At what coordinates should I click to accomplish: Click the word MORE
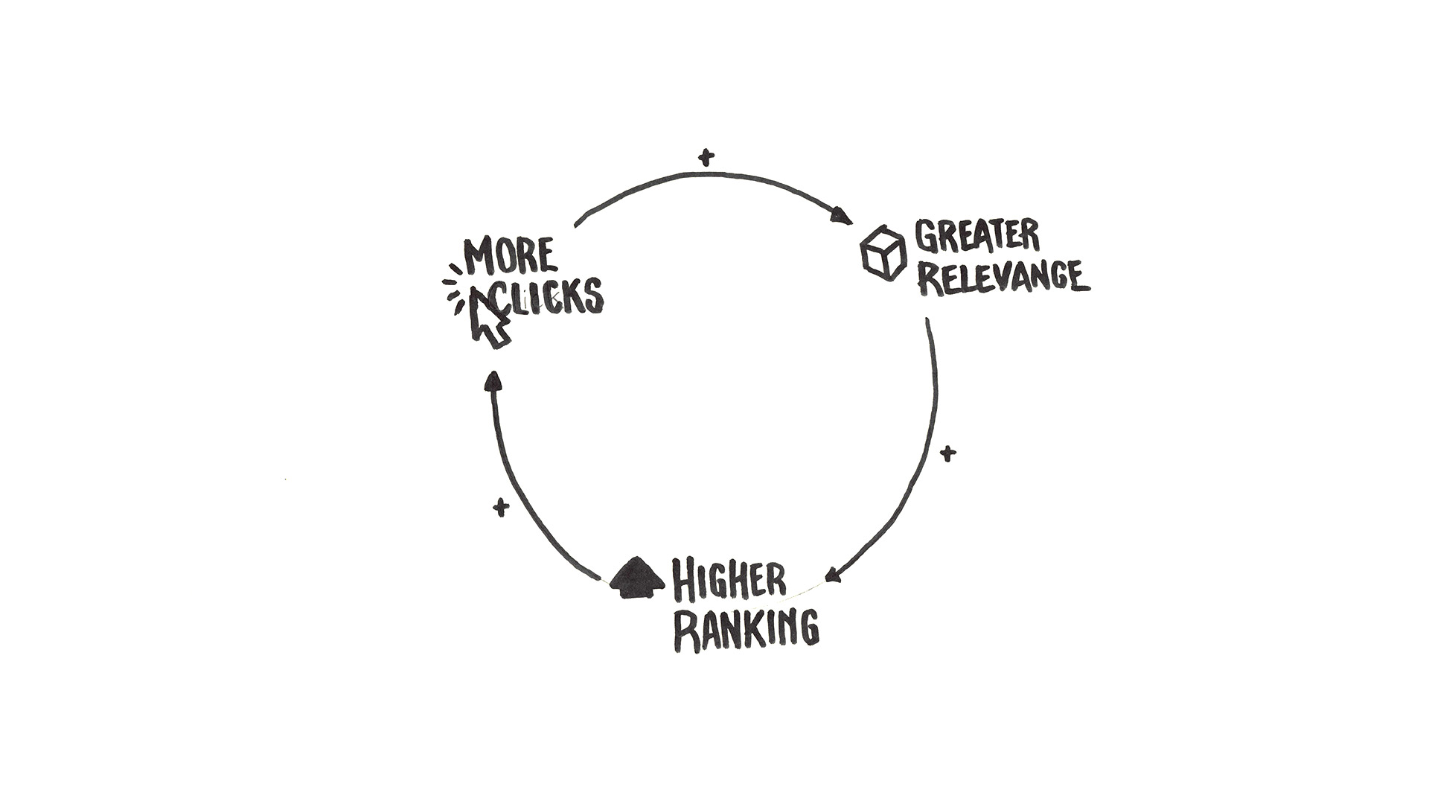pyautogui.click(x=510, y=257)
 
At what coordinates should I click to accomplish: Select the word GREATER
pyautogui.click(x=976, y=237)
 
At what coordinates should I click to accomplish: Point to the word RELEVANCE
pyautogui.click(x=1003, y=278)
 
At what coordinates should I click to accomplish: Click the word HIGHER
pyautogui.click(x=729, y=581)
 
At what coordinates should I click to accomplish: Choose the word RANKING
pyautogui.click(x=747, y=630)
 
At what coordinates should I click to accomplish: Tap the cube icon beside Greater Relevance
pyautogui.click(x=883, y=252)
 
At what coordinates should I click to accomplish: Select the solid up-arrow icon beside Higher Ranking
pyautogui.click(x=636, y=578)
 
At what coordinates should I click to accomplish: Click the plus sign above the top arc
pyautogui.click(x=706, y=157)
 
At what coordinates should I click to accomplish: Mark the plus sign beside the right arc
pyautogui.click(x=947, y=453)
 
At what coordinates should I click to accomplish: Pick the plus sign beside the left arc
pyautogui.click(x=501, y=508)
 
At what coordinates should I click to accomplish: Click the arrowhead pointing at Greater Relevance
pyautogui.click(x=842, y=217)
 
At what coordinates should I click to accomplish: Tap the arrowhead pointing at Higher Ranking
pyautogui.click(x=833, y=575)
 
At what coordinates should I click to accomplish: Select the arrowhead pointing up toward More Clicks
pyautogui.click(x=492, y=380)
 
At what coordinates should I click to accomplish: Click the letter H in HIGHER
pyautogui.click(x=684, y=581)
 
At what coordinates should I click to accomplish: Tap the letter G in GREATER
pyautogui.click(x=927, y=237)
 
